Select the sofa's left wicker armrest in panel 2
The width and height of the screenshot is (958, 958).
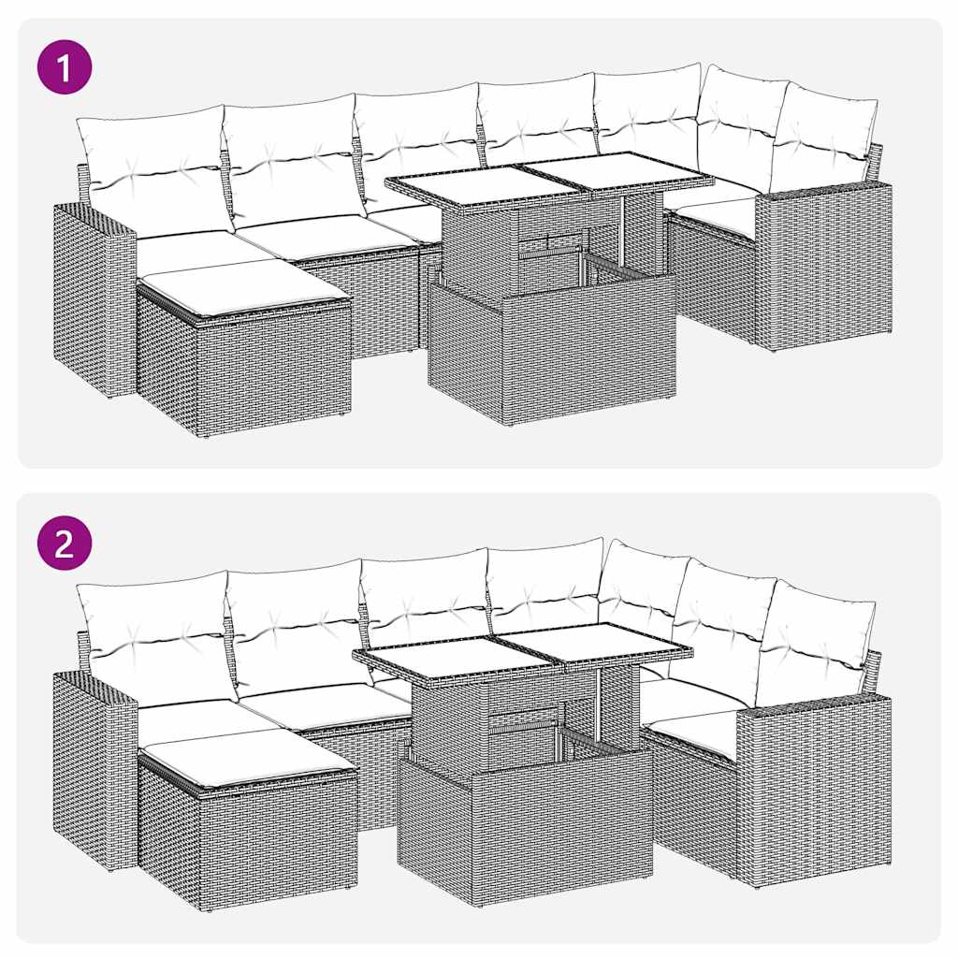coord(94,767)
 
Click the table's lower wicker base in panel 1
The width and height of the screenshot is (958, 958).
coord(552,346)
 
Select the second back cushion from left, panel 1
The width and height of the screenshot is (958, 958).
coord(292,159)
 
